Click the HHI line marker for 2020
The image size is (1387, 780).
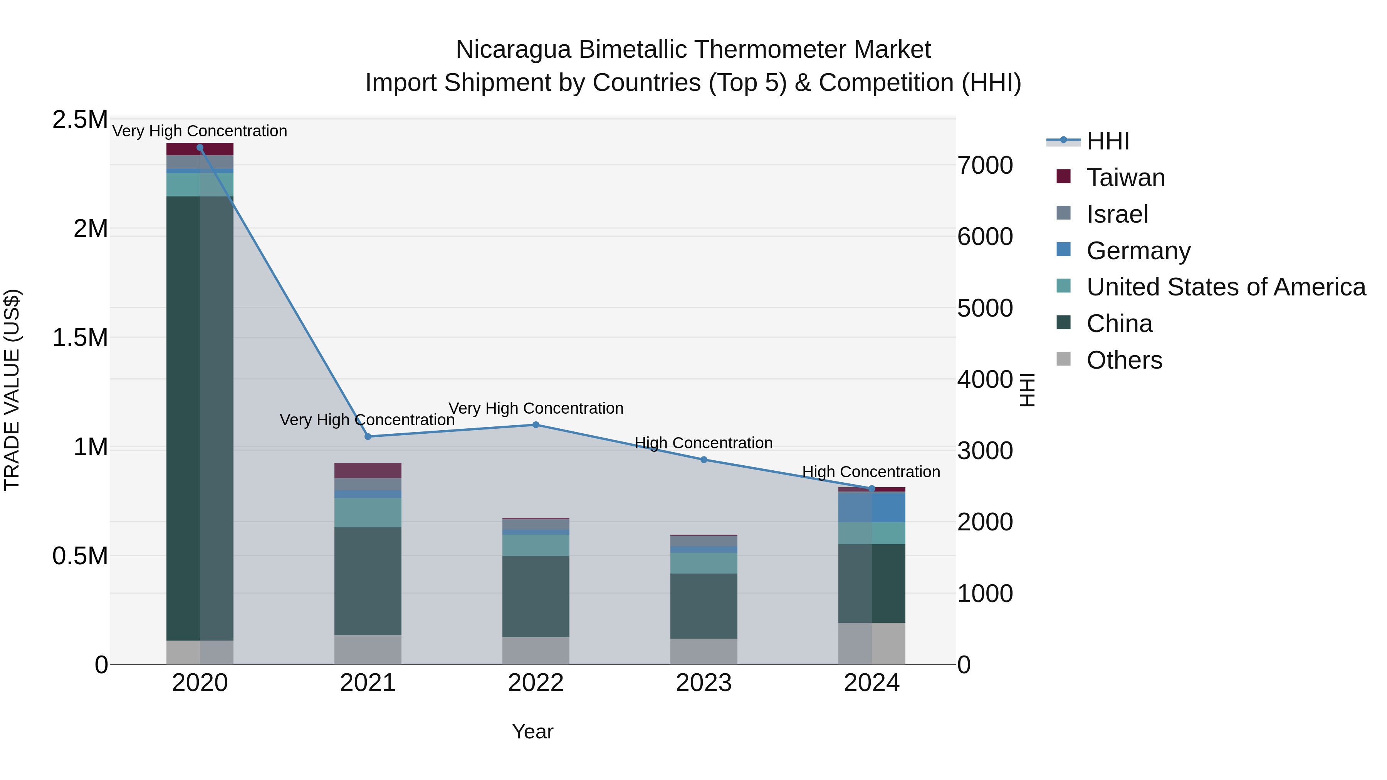click(x=200, y=148)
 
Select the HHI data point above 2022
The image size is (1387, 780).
click(x=536, y=425)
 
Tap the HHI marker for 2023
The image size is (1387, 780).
click(x=704, y=460)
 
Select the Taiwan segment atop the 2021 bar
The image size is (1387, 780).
click(x=368, y=470)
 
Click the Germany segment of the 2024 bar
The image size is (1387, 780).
click(x=872, y=507)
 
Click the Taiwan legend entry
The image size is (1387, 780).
click(x=1125, y=178)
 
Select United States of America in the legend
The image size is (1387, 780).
click(x=1226, y=287)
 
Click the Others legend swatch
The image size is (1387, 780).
click(x=1063, y=359)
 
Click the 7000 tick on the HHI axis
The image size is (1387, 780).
click(x=985, y=165)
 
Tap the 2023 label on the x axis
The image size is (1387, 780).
click(x=704, y=683)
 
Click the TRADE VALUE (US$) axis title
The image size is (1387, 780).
click(x=12, y=390)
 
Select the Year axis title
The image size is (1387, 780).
click(x=532, y=731)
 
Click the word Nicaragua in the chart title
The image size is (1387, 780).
click(x=512, y=50)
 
